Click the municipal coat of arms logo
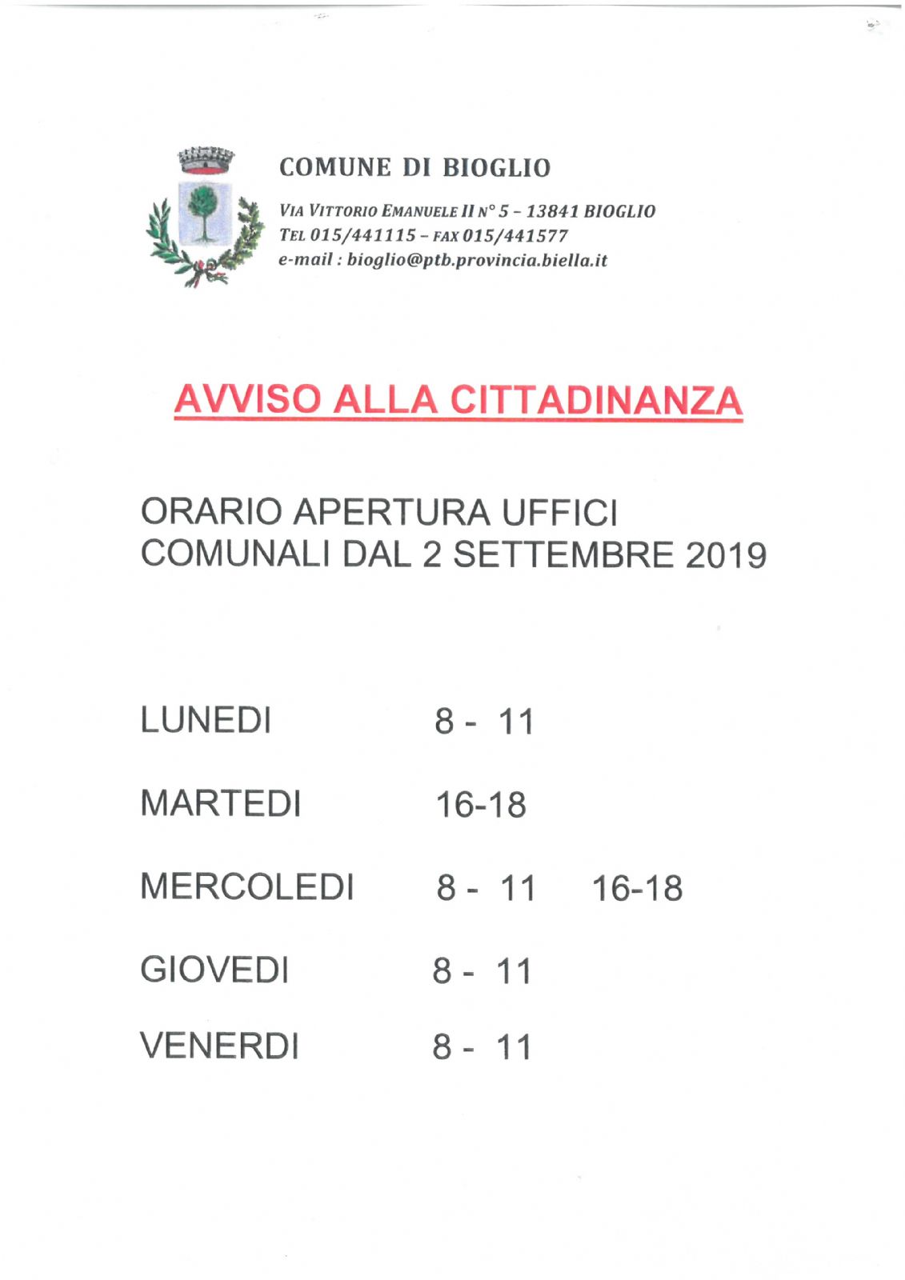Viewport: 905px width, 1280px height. pyautogui.click(x=205, y=216)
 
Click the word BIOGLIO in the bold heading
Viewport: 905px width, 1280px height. pyautogui.click(x=496, y=168)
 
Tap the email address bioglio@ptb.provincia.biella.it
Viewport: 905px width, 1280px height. pyautogui.click(x=477, y=261)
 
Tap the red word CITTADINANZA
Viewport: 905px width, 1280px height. pyautogui.click(x=595, y=399)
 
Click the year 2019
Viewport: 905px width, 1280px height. pyautogui.click(x=726, y=555)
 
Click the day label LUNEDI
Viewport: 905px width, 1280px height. pyautogui.click(x=206, y=720)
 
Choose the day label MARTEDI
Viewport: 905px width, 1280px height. pyautogui.click(x=221, y=803)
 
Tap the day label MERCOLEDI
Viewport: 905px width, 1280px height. pyautogui.click(x=246, y=886)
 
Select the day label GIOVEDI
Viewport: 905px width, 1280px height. pyautogui.click(x=214, y=970)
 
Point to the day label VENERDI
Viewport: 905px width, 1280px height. pyautogui.click(x=220, y=1046)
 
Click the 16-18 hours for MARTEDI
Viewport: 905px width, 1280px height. pyautogui.click(x=480, y=805)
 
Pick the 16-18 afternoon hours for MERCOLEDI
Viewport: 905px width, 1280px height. pyautogui.click(x=637, y=889)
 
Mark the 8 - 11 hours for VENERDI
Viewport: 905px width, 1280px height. pyautogui.click(x=483, y=1047)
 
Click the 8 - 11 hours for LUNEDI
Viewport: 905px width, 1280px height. pyautogui.click(x=484, y=722)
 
